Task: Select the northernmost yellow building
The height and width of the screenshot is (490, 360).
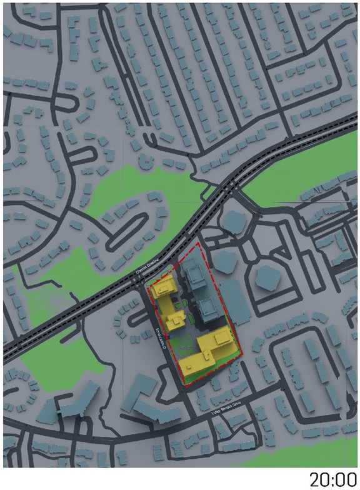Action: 164,288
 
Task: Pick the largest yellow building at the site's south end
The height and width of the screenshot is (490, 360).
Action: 212,347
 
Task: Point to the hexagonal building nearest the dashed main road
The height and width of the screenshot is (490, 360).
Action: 233,221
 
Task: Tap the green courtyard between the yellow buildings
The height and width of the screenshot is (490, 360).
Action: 184,343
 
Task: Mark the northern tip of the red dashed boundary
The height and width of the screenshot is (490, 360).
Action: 199,244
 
